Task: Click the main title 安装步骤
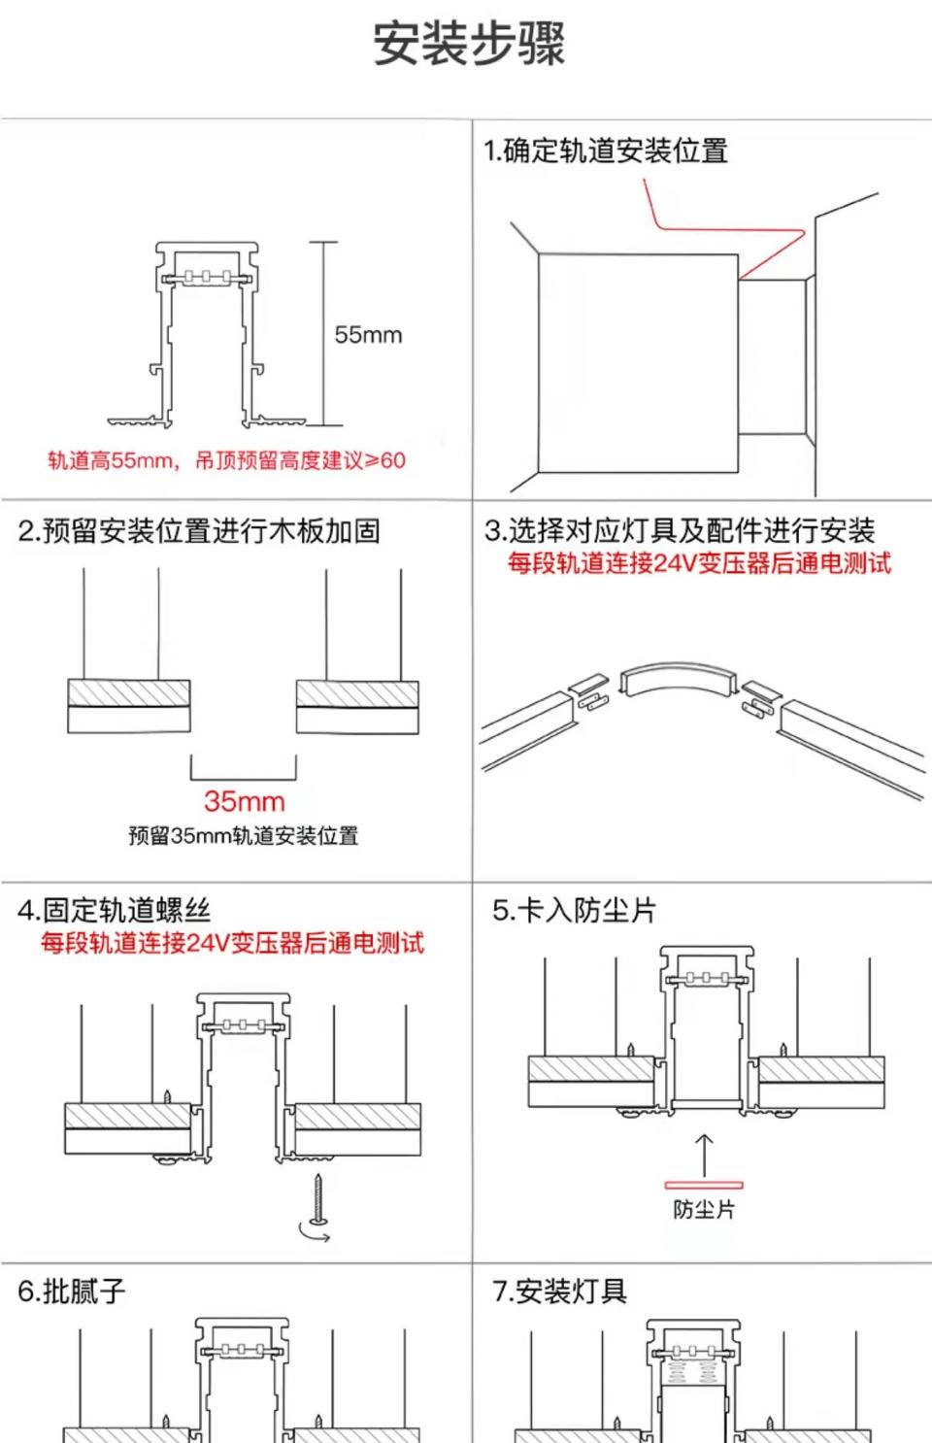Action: (469, 45)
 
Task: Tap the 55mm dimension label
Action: (368, 335)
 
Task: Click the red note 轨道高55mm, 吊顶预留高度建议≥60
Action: (226, 460)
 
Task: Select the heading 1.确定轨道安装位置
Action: (606, 151)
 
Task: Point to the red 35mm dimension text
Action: (244, 801)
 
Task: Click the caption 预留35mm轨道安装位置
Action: (244, 835)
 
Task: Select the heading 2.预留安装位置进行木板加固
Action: (199, 531)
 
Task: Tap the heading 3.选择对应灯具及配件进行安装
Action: (680, 530)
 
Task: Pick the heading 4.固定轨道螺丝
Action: (114, 910)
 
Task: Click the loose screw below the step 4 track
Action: (317, 1198)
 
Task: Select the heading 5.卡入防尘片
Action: (575, 910)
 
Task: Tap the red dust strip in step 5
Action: (704, 1185)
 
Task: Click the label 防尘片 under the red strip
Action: (704, 1210)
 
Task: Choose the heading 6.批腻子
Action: (72, 1291)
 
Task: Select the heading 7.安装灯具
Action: (560, 1291)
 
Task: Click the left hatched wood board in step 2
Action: (129, 693)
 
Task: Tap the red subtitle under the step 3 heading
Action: (699, 563)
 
